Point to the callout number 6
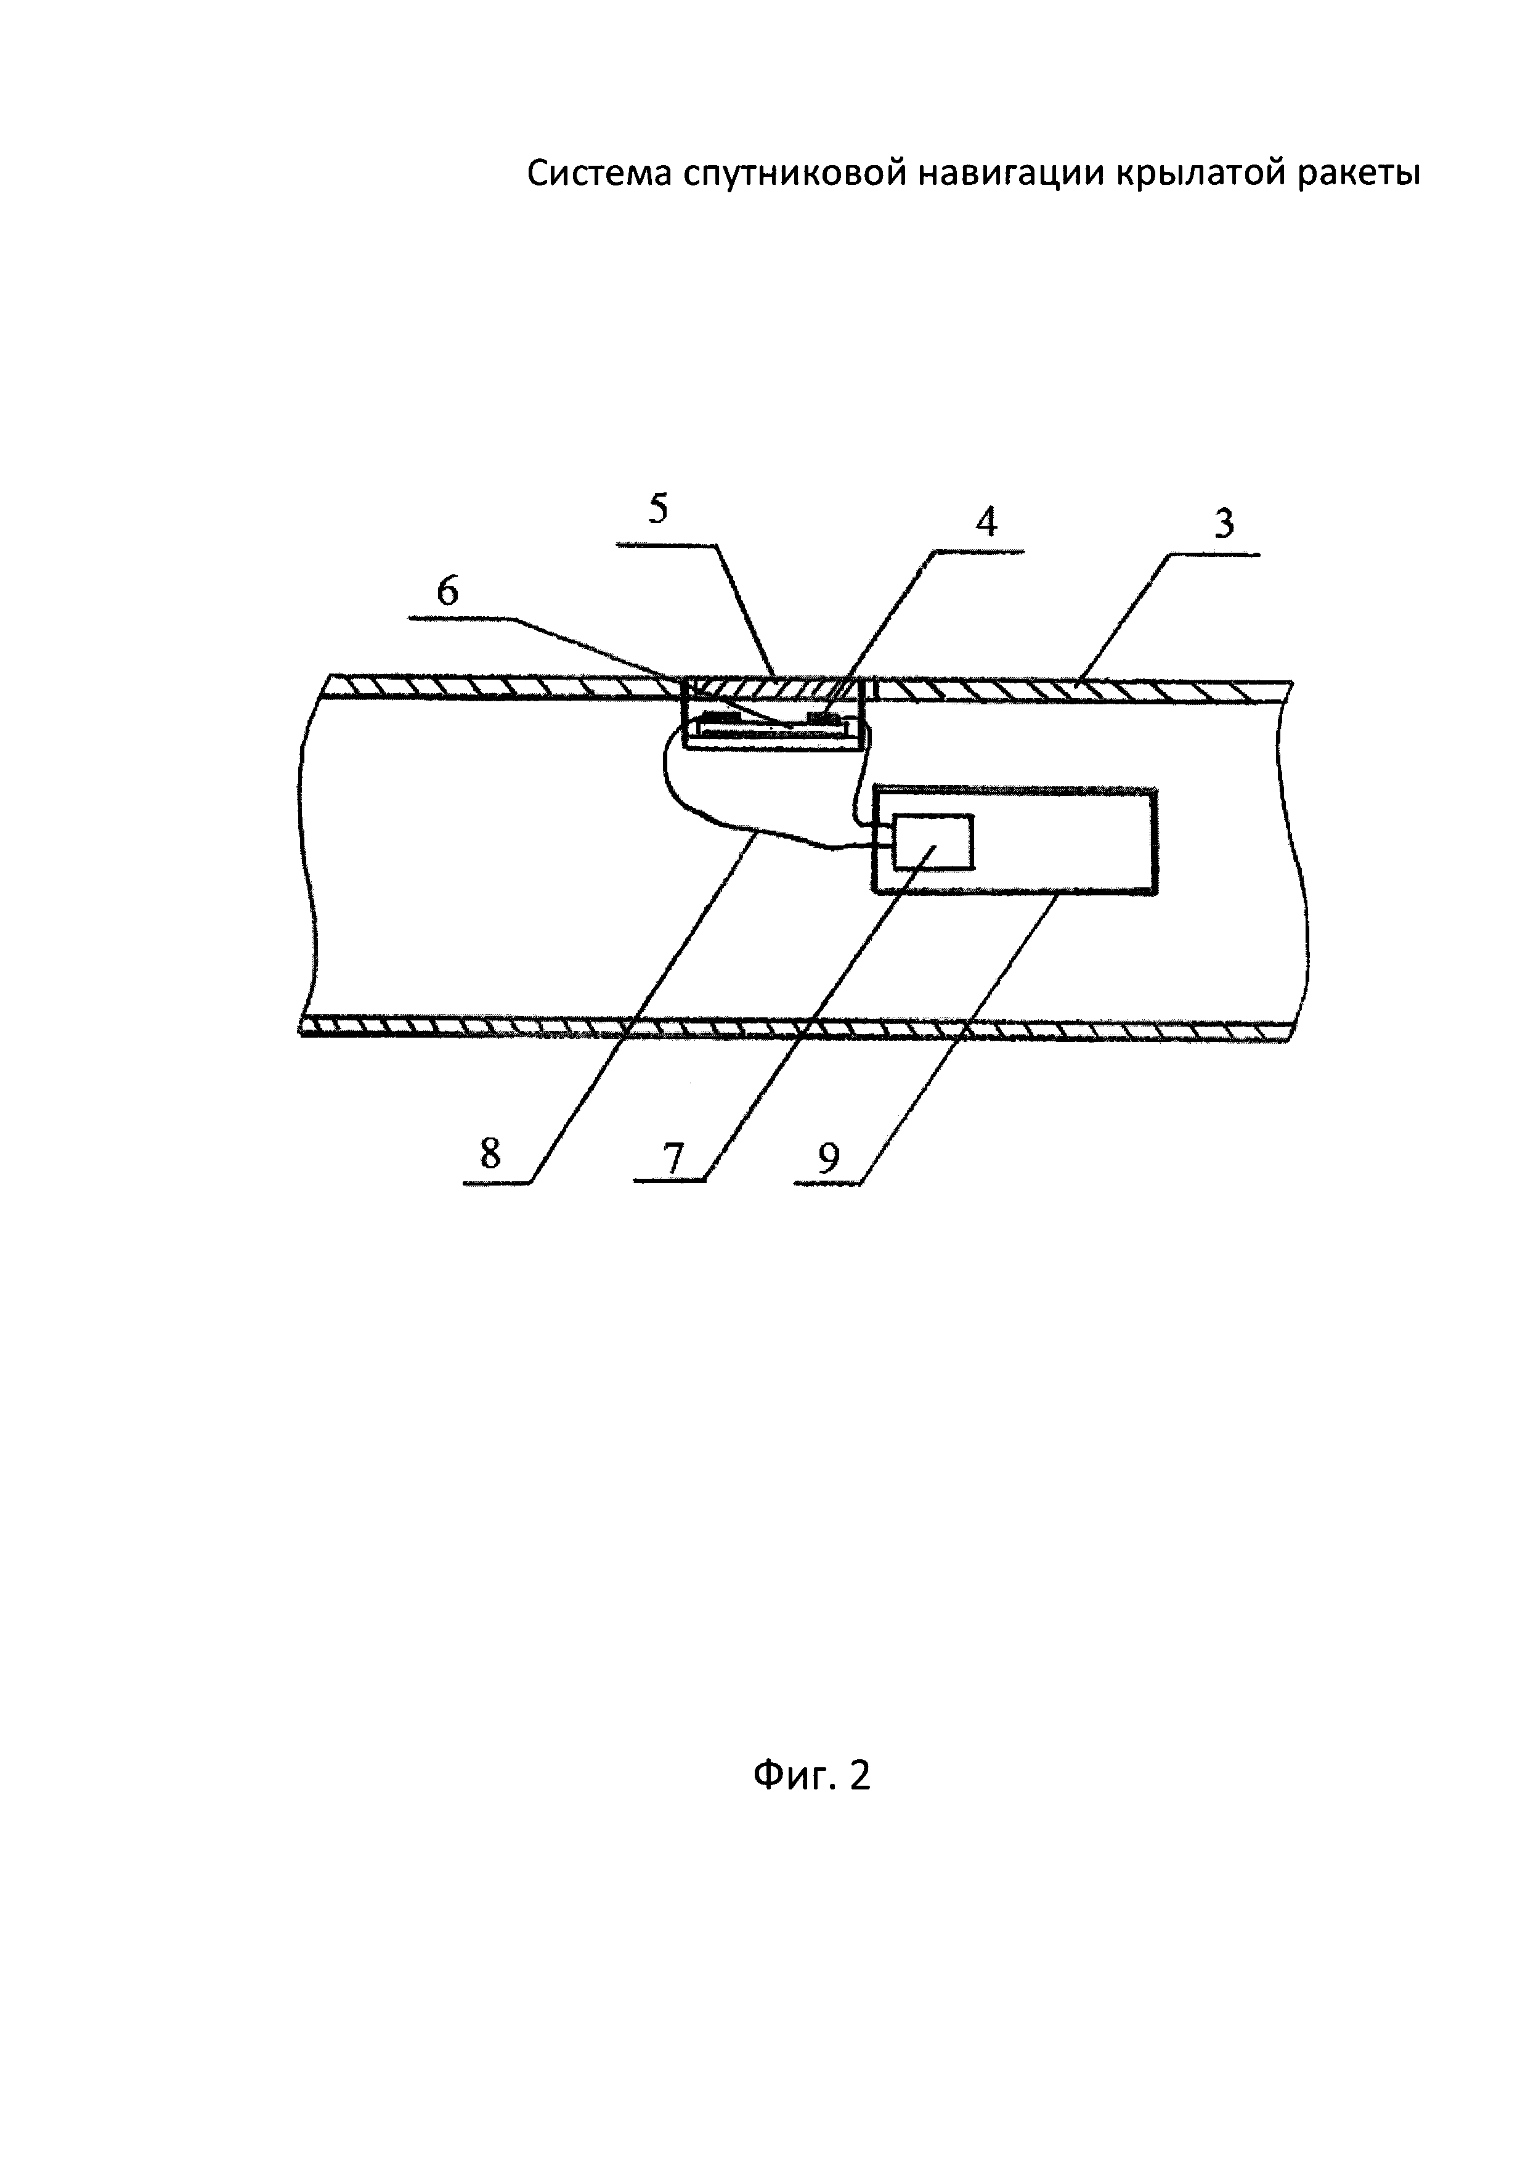[448, 591]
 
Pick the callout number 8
[490, 1154]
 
